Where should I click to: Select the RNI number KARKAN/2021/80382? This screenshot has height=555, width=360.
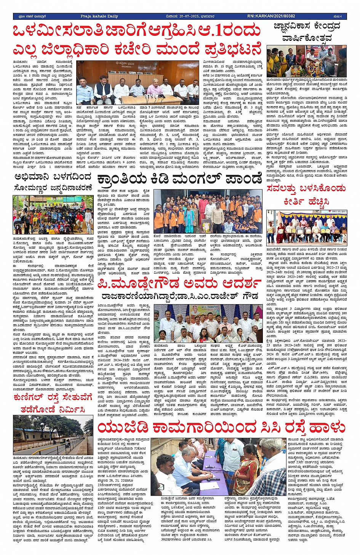coord(271,16)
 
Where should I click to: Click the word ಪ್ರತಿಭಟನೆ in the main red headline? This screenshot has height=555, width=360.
coord(234,50)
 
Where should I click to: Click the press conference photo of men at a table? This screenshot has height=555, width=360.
coord(138,83)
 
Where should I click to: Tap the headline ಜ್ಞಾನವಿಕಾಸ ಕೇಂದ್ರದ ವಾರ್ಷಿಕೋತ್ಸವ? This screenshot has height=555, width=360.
coord(307,32)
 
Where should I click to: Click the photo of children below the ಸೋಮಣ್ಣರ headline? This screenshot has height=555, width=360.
coord(53,215)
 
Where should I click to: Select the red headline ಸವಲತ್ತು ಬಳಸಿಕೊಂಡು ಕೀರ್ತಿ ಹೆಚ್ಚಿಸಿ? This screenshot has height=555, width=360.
coord(307,195)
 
